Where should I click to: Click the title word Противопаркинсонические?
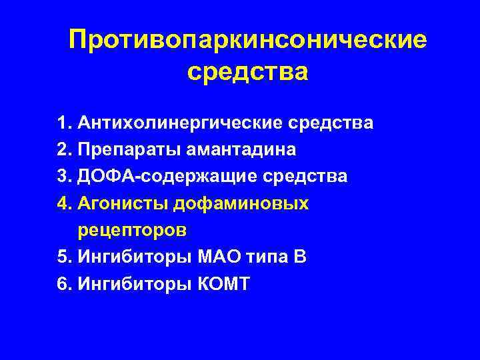[247, 41]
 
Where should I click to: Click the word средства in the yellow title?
[247, 71]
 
